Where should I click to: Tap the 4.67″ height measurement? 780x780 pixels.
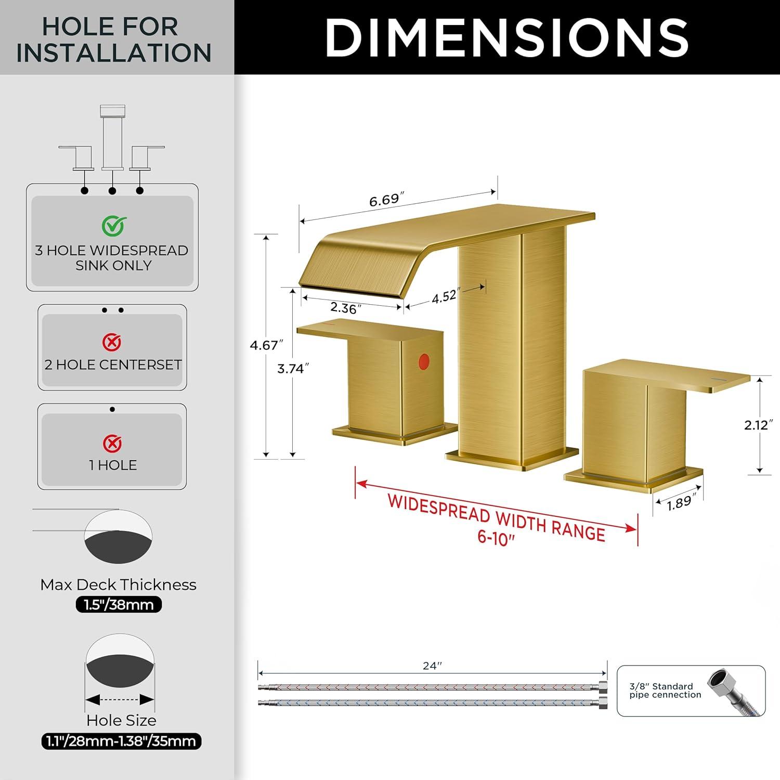(267, 345)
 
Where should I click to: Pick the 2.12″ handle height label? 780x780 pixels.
(756, 425)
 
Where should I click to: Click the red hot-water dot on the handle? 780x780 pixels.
(424, 362)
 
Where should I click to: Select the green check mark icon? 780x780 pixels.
(114, 226)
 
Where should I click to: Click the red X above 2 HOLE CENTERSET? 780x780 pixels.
(112, 342)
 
